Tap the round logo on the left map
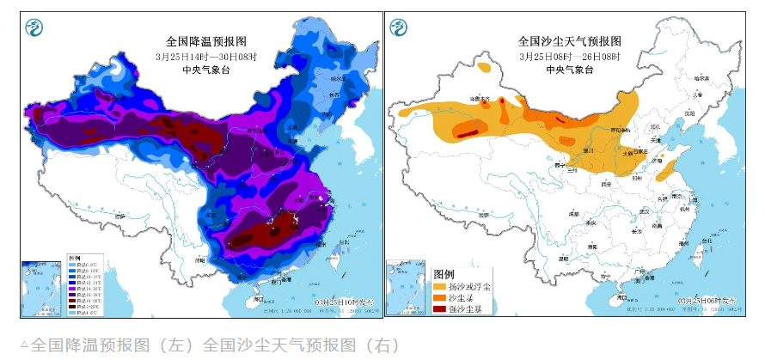point(34,28)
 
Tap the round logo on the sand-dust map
point(399,28)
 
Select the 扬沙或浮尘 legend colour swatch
point(439,285)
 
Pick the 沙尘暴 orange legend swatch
point(439,297)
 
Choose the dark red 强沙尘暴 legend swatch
point(439,309)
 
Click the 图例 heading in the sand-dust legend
point(444,272)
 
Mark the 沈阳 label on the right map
point(687,112)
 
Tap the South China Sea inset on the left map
point(42,289)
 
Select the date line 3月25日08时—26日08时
point(569,56)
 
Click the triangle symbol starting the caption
point(24,345)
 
